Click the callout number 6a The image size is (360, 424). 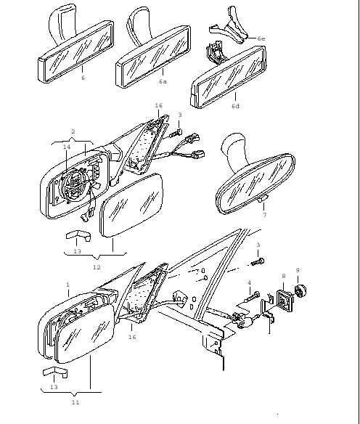[x=163, y=81]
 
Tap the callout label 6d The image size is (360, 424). [x=235, y=106]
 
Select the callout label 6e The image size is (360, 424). [x=261, y=38]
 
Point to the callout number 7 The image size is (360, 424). [x=265, y=215]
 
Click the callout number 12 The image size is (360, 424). [x=97, y=267]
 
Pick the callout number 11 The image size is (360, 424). [x=75, y=402]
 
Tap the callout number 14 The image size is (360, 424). [x=67, y=147]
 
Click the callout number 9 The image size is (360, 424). [x=298, y=270]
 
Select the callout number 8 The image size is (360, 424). [x=284, y=276]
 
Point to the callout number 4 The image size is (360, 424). [x=249, y=282]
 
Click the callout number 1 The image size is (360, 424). [x=67, y=285]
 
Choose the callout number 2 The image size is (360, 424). [x=73, y=131]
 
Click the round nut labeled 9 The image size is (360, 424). [x=300, y=291]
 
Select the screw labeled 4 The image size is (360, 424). [x=251, y=298]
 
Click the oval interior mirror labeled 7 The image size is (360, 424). [x=255, y=184]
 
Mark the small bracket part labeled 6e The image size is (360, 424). [x=230, y=27]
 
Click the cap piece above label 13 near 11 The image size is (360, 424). [x=55, y=372]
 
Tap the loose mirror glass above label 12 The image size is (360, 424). [x=131, y=204]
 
